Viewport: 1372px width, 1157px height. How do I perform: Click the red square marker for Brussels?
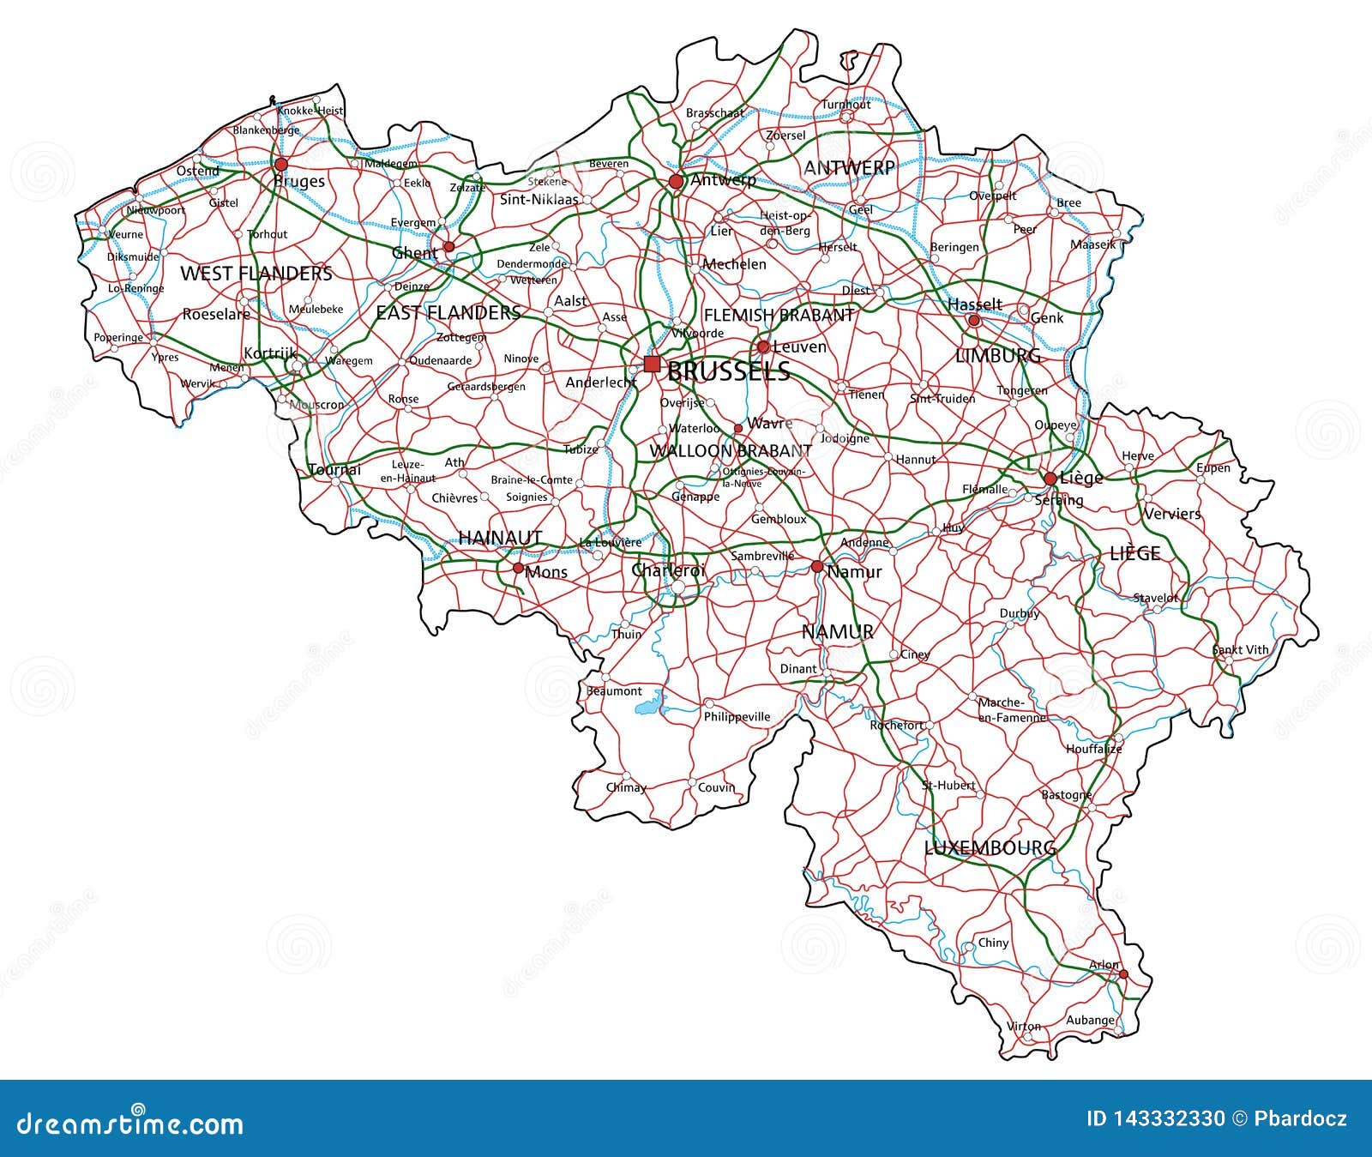click(x=652, y=364)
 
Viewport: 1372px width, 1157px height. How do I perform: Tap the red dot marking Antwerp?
click(x=677, y=181)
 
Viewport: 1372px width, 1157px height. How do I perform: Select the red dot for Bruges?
click(x=281, y=164)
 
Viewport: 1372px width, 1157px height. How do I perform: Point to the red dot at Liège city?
click(x=1050, y=479)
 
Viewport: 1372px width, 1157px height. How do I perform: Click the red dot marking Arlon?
click(x=1123, y=973)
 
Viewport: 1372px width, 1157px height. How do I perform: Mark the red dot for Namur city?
click(x=817, y=566)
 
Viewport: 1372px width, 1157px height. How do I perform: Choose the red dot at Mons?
click(x=518, y=568)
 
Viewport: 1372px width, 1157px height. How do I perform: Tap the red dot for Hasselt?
click(x=973, y=321)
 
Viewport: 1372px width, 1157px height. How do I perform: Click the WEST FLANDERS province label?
click(x=256, y=274)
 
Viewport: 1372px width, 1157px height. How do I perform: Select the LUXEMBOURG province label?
click(x=990, y=848)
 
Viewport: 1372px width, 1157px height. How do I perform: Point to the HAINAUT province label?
click(x=500, y=538)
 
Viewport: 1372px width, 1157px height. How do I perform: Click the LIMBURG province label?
click(x=997, y=356)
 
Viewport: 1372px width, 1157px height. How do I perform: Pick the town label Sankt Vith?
click(x=1240, y=650)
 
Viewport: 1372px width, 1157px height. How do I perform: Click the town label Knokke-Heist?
click(x=310, y=111)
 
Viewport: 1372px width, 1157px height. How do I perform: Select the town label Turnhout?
click(x=846, y=105)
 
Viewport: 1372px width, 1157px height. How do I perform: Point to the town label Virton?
click(x=1024, y=1026)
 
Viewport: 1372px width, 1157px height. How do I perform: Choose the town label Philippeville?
click(x=737, y=717)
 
